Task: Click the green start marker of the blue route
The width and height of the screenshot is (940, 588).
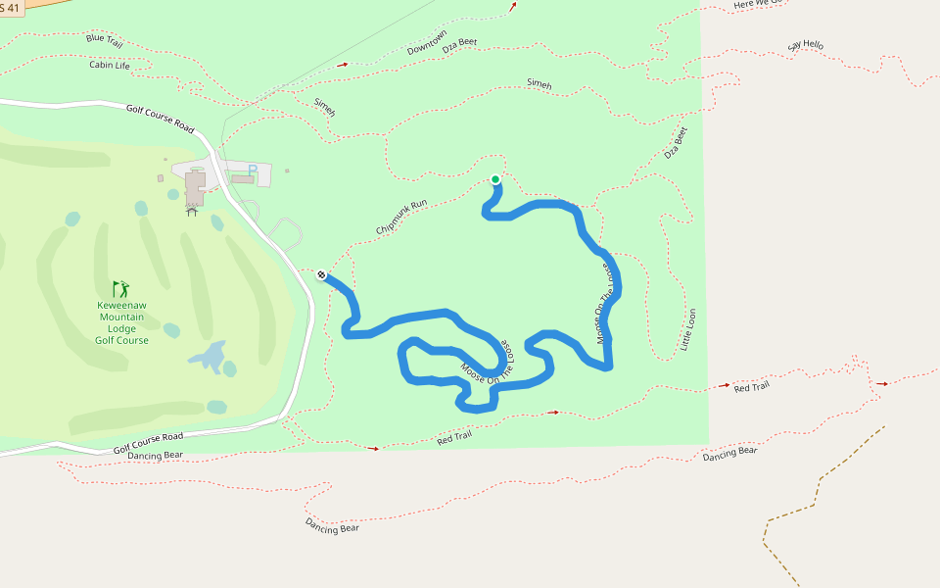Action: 495,179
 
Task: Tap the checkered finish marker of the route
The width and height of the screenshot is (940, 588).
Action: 321,274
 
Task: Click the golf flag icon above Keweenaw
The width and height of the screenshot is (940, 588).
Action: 120,289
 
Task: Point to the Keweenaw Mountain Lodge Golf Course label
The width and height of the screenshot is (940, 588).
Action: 121,322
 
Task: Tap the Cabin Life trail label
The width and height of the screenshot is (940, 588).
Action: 109,66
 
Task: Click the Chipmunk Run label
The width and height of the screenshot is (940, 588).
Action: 401,218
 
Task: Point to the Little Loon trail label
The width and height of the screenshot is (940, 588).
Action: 687,329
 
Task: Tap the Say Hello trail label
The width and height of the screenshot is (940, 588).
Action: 806,45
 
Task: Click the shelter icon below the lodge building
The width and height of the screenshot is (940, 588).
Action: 192,210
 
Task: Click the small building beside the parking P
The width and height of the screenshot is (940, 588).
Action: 241,179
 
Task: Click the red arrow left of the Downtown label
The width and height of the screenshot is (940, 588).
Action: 343,64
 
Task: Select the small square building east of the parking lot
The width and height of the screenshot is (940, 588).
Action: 287,171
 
